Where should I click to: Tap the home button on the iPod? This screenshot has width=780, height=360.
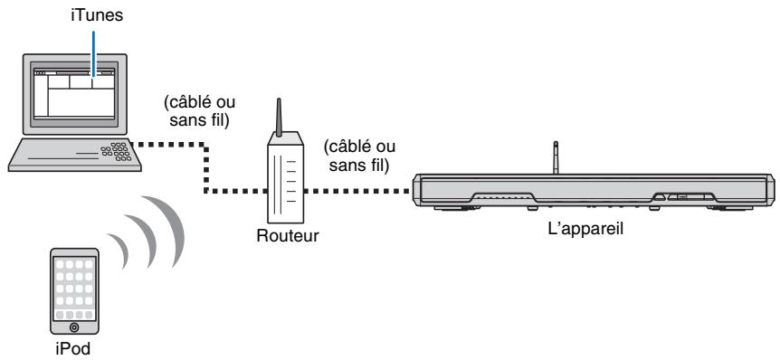pos(73,325)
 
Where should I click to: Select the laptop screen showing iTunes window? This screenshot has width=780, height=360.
pos(73,90)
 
